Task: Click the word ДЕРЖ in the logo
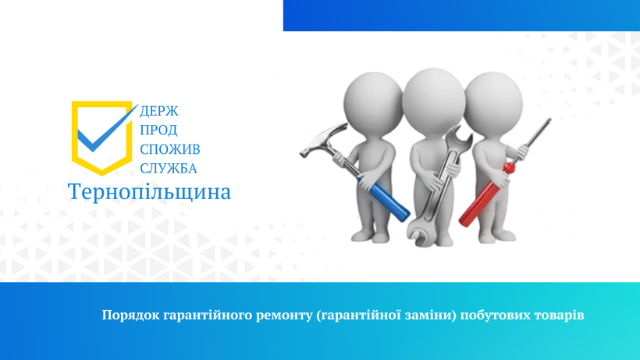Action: pyautogui.click(x=159, y=111)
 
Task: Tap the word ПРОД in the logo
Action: pyautogui.click(x=158, y=130)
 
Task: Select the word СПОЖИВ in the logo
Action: pyautogui.click(x=170, y=149)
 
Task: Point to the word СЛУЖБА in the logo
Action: pyautogui.click(x=169, y=169)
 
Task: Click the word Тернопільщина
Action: pyautogui.click(x=149, y=192)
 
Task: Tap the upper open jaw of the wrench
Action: pyautogui.click(x=460, y=139)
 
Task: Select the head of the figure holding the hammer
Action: pyautogui.click(x=374, y=102)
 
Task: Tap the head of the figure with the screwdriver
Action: pyautogui.click(x=493, y=102)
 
